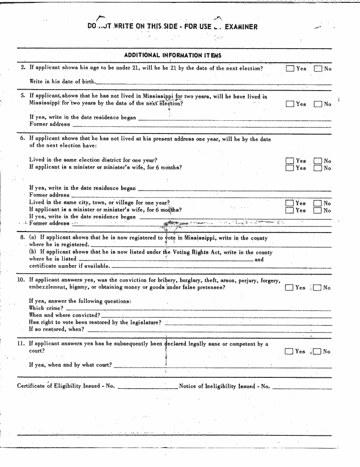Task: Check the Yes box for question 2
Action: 290,68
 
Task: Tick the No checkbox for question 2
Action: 318,68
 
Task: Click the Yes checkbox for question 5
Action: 290,104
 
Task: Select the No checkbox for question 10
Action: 318,288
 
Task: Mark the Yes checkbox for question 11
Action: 290,351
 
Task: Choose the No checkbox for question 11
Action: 318,351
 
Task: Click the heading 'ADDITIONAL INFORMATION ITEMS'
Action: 173,56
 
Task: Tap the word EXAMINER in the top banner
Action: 241,27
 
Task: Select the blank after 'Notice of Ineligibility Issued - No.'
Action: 302,388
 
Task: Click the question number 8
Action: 22,238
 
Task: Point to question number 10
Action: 21,280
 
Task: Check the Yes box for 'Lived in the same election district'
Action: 290,161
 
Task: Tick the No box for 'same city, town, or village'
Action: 318,203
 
